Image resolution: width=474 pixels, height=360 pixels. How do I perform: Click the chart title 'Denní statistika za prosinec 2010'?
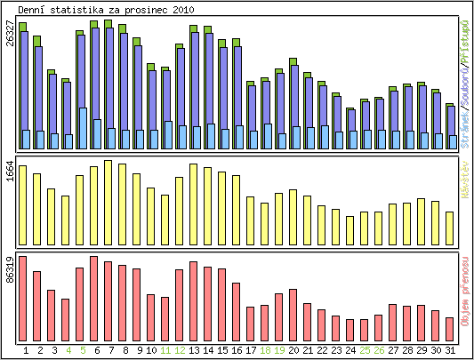(100, 9)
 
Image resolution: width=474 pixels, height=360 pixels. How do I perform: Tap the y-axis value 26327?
(10, 41)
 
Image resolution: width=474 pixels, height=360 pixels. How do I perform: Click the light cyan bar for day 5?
(83, 128)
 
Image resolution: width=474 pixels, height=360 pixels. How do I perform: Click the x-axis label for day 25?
(364, 350)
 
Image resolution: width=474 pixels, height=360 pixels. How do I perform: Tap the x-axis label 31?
(449, 350)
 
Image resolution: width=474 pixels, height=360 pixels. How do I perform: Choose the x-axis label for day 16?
(236, 350)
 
